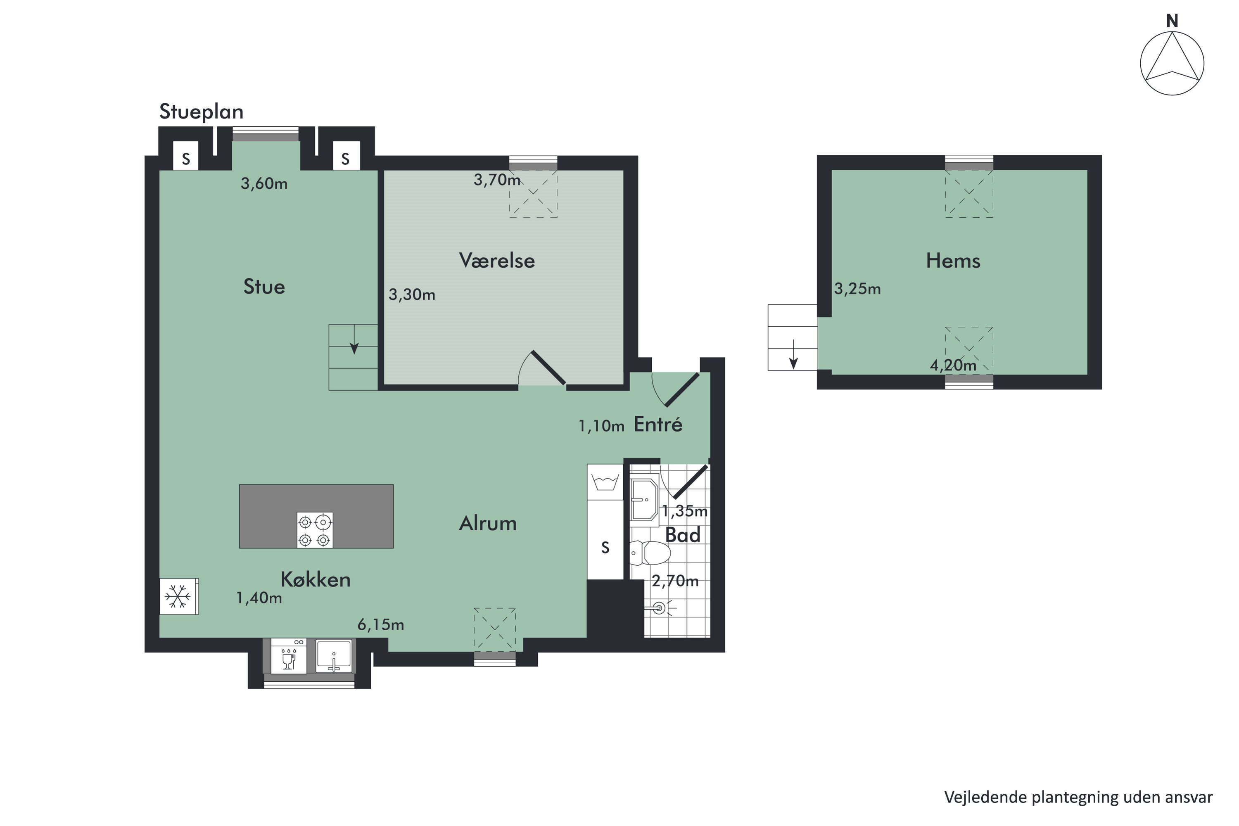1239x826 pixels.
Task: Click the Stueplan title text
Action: (201, 112)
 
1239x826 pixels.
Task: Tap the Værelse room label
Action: (497, 261)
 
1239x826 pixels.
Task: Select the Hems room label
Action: (953, 261)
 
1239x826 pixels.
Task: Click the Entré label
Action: (658, 424)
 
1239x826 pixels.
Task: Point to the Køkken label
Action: (316, 579)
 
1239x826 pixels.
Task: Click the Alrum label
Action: (488, 523)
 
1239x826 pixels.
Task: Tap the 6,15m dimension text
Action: (381, 625)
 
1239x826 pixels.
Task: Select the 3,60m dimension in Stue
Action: (264, 183)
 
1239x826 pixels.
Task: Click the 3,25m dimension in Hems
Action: (857, 289)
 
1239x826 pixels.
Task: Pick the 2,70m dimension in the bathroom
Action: (675, 581)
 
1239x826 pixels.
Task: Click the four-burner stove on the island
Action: (314, 530)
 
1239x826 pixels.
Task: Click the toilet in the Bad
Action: (650, 553)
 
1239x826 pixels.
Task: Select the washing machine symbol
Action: (605, 482)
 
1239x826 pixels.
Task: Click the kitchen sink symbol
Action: (333, 656)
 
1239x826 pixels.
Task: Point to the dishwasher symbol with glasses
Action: (289, 656)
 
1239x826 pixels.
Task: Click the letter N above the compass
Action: (1172, 21)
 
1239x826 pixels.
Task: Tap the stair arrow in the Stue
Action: (354, 340)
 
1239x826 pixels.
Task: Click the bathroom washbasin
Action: (644, 499)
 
